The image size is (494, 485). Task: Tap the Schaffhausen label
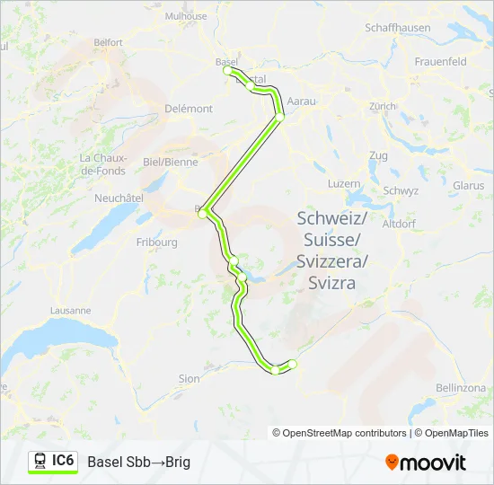[400, 28]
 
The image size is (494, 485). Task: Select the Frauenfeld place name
[441, 62]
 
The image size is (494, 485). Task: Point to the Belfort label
[108, 41]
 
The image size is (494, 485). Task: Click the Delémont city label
[189, 109]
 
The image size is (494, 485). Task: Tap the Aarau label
[304, 101]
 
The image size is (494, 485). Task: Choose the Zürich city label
[382, 106]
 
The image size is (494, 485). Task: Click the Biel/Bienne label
[170, 162]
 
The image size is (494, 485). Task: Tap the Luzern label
[344, 183]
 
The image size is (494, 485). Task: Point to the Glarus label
[469, 185]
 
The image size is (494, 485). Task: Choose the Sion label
[189, 379]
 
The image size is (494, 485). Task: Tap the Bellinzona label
[460, 385]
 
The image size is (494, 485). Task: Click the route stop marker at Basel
[227, 70]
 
